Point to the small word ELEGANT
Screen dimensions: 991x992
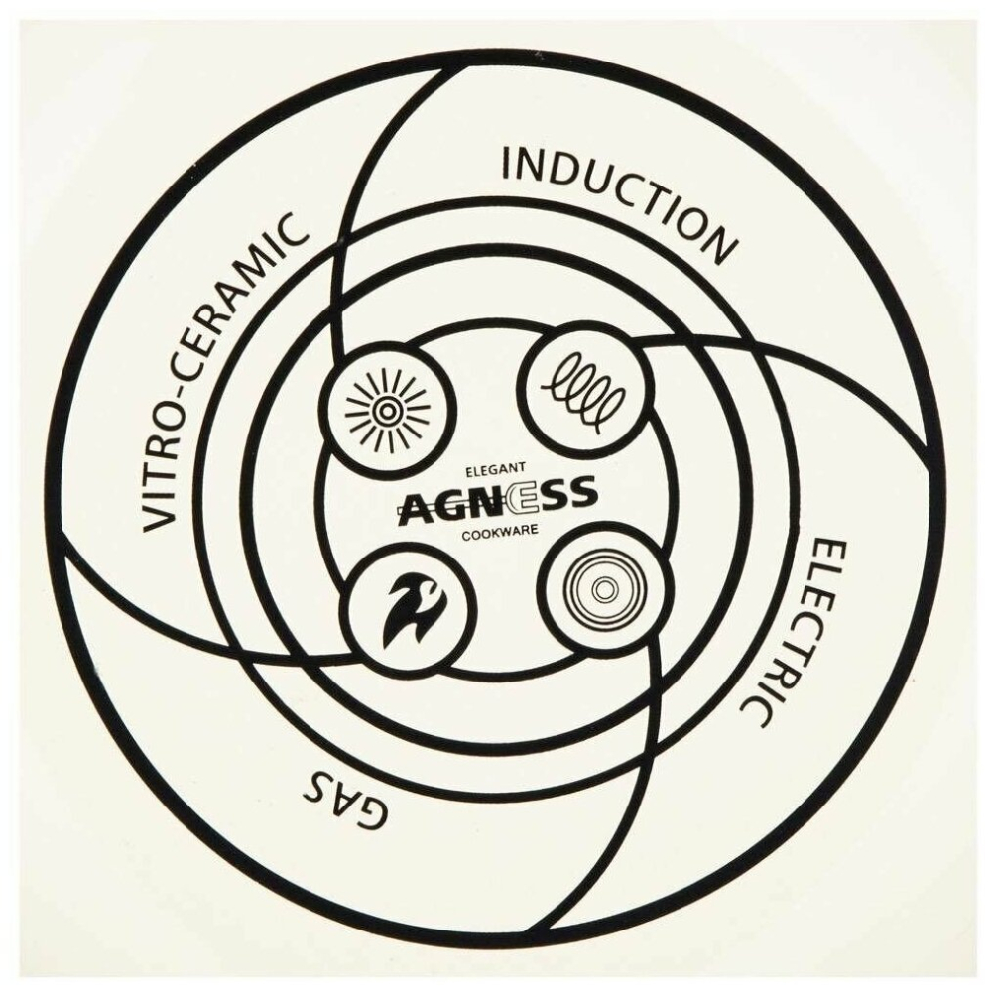(496, 470)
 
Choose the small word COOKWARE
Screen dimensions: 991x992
(500, 532)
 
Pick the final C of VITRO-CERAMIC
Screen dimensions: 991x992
(292, 231)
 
